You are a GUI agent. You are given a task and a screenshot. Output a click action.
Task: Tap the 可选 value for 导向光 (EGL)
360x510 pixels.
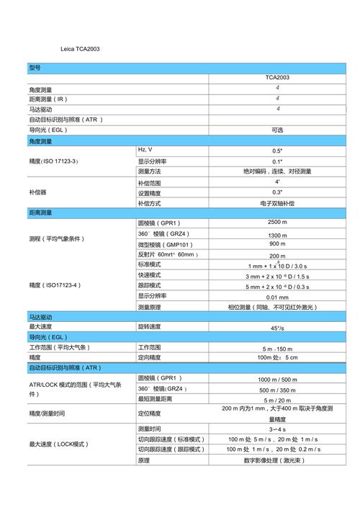pos(277,130)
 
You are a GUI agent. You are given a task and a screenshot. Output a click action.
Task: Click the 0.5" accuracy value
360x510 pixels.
pos(277,151)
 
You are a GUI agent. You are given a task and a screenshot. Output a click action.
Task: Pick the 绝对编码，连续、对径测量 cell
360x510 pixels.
pos(277,171)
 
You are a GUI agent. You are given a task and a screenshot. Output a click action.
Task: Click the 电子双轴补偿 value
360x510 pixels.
pos(277,203)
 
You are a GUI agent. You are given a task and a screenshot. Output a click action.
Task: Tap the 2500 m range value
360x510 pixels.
pos(277,223)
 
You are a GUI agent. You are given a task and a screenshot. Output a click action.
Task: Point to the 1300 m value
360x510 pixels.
pos(277,235)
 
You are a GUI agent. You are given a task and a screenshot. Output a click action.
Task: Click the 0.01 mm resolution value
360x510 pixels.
pos(277,297)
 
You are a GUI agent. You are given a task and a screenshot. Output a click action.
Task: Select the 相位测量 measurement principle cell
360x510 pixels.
pos(277,307)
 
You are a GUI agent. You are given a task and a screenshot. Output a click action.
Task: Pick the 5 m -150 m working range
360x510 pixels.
pos(277,349)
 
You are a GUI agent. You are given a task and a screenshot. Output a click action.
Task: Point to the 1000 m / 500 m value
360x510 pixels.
pos(277,380)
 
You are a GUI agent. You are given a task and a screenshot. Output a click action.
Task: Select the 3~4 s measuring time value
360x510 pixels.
pos(277,429)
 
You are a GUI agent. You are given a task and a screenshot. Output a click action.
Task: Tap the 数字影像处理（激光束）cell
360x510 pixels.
pos(277,460)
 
